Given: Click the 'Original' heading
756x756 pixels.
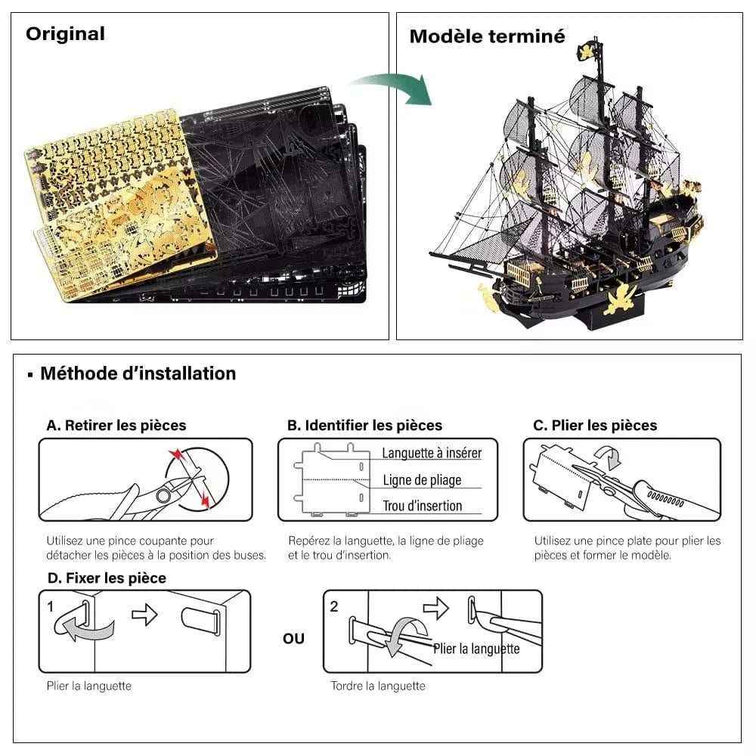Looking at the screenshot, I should [x=65, y=34].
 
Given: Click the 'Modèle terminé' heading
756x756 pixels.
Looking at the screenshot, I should [x=487, y=36].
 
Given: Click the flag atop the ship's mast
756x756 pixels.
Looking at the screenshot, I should [x=587, y=51].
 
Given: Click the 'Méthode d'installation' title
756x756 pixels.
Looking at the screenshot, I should [x=138, y=373].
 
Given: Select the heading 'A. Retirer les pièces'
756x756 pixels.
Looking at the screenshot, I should [x=116, y=426].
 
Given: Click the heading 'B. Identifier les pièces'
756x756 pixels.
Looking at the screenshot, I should [x=364, y=426].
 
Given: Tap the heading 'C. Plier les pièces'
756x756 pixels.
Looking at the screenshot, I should [x=595, y=426].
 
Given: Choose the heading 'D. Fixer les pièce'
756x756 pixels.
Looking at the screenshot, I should [x=106, y=578].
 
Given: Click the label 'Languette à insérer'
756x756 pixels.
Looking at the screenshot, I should [x=431, y=454].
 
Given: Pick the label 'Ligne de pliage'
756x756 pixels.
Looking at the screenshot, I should [x=422, y=480].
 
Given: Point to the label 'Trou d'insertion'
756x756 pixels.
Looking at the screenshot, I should [x=422, y=506].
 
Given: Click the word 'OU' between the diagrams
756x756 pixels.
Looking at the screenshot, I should [x=293, y=639].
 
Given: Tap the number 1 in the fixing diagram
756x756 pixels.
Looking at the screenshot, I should [x=51, y=606].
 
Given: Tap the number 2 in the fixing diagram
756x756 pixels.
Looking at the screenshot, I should [x=334, y=606].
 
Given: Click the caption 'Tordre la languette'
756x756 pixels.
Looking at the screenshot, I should [x=378, y=686].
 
